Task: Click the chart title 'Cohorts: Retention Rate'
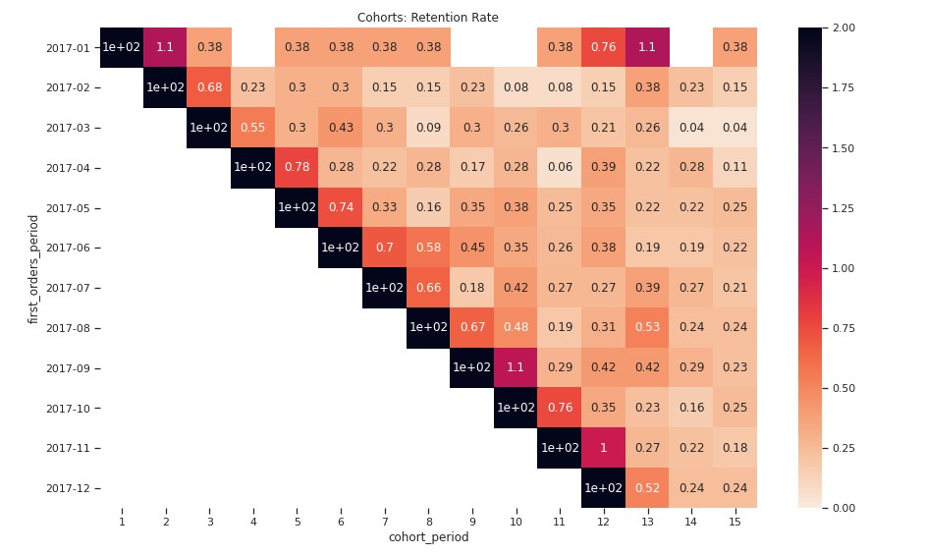427,17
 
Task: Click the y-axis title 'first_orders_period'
33,268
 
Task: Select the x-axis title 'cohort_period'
428,537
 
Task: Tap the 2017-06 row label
68,248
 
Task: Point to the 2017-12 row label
68,488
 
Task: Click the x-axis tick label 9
471,521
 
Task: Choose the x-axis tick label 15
735,521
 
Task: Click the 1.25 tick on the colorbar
843,208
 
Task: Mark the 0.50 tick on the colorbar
843,388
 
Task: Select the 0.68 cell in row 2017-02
209,87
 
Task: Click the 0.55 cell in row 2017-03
252,128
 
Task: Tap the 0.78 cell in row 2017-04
297,167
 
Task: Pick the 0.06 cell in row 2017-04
560,167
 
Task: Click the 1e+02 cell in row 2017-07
384,288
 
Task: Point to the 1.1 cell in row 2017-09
516,367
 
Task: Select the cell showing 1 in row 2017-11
603,448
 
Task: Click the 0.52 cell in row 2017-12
647,488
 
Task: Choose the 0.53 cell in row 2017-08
647,327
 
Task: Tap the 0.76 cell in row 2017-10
560,408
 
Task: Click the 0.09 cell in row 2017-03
428,128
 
